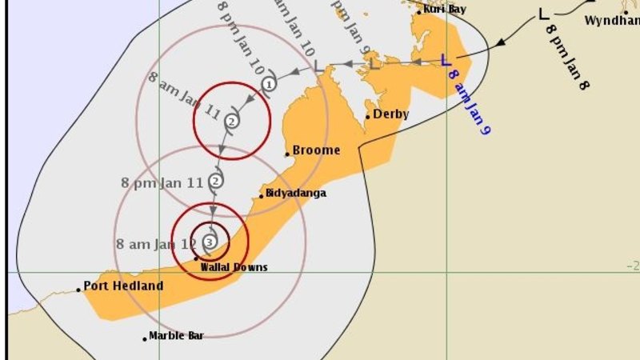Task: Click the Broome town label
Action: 316,150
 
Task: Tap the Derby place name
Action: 391,114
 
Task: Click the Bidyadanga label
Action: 297,193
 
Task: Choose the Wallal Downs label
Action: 234,267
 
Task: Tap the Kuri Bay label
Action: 444,9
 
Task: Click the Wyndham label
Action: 611,21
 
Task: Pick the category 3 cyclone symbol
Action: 210,241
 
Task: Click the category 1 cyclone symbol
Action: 270,83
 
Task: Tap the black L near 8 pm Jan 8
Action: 543,14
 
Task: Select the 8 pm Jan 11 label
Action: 161,182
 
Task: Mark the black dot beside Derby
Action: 368,117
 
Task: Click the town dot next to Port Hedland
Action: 78,290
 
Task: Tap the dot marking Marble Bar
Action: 145,338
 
